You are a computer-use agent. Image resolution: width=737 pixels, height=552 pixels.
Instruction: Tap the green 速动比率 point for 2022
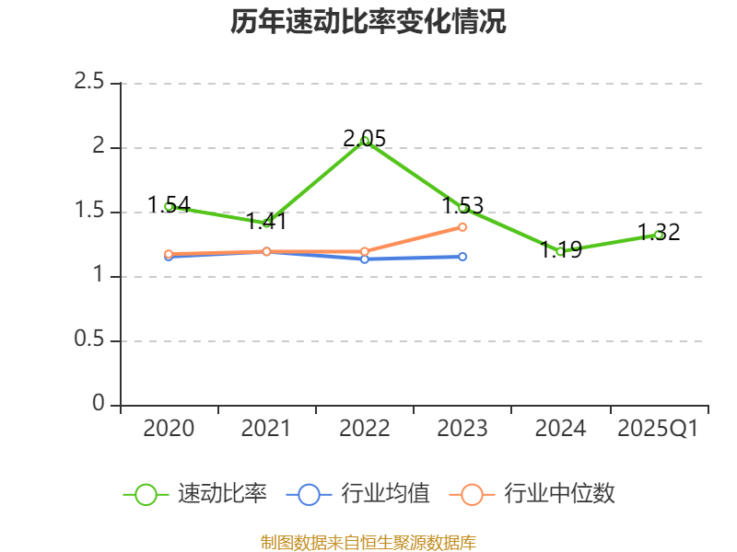[x=365, y=141]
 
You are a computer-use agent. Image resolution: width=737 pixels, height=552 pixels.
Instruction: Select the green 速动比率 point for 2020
[x=169, y=207]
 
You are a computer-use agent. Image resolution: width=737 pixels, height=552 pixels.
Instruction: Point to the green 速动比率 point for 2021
[x=267, y=224]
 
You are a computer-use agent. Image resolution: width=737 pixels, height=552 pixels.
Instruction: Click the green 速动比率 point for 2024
[x=560, y=251]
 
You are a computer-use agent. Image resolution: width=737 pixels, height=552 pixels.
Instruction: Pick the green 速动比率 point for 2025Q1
[x=659, y=235]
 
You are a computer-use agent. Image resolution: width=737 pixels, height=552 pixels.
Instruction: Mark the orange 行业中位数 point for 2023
[x=462, y=226]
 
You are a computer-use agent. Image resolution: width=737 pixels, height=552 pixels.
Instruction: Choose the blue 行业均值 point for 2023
[x=462, y=257]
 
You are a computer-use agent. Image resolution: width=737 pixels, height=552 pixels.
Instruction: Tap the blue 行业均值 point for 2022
[x=365, y=259]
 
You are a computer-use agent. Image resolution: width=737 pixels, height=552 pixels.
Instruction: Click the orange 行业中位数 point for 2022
[x=365, y=251]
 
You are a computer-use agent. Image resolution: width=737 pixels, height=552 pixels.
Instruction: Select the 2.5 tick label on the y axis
[x=90, y=83]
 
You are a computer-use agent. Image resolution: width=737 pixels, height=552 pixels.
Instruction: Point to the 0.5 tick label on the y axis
[x=90, y=340]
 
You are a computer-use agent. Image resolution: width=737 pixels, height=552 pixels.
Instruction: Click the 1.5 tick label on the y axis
[x=90, y=212]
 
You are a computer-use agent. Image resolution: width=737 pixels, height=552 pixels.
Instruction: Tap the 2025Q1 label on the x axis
[x=658, y=429]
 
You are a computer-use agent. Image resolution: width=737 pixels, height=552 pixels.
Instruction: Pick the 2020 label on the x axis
[x=169, y=429]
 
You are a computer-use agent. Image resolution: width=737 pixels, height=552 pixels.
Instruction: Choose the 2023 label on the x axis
[x=462, y=429]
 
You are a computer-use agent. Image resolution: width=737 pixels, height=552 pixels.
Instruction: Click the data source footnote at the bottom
[x=368, y=542]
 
